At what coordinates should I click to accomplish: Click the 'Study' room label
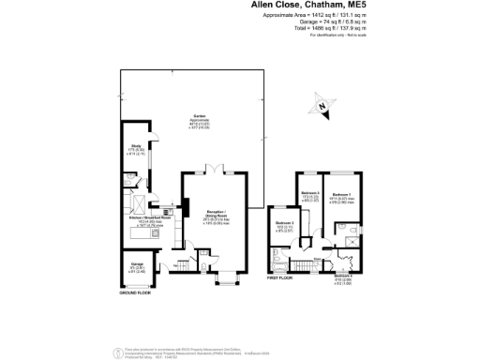pos(135,147)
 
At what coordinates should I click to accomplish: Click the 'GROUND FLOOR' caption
pos(135,292)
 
